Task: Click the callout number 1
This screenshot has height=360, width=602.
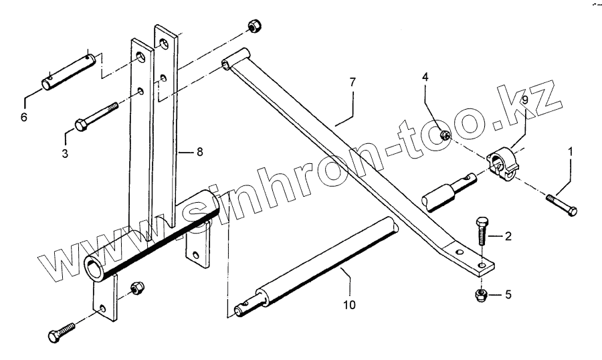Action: point(571,152)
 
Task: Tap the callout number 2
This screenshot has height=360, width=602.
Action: point(508,236)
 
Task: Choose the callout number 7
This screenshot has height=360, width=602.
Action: point(352,82)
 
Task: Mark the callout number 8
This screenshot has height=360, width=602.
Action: point(199,153)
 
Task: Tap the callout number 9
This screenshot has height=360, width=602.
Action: point(525,100)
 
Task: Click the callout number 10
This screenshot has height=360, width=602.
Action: point(348,304)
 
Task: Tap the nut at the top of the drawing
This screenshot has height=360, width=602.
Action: point(254,26)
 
